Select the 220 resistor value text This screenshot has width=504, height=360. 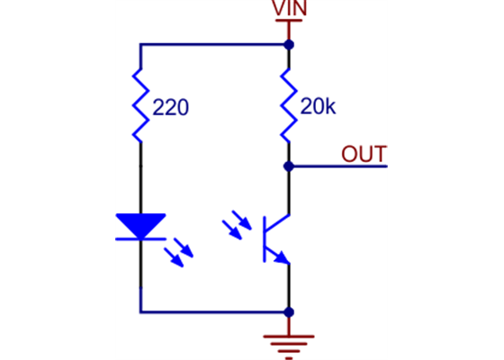click(171, 109)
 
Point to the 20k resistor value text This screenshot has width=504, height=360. click(318, 107)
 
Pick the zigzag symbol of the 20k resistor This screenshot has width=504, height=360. click(288, 106)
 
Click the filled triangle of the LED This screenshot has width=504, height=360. click(141, 225)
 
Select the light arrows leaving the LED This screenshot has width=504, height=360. click(180, 254)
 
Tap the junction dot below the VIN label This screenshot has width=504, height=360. click(288, 43)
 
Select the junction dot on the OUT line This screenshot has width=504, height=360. click(288, 166)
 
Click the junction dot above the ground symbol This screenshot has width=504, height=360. click(288, 312)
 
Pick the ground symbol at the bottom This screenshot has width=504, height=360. click(288, 343)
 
